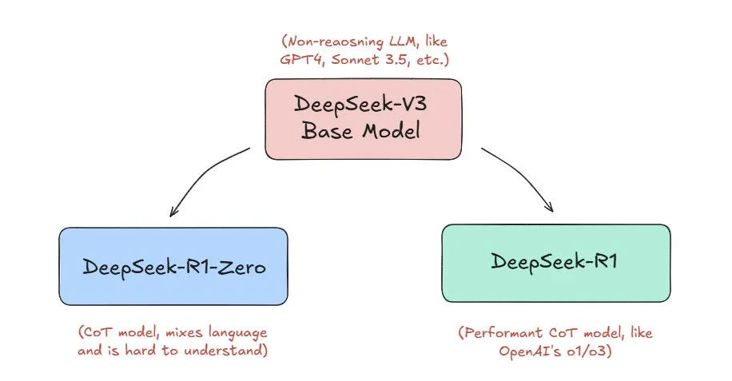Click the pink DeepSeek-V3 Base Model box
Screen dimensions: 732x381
(363, 119)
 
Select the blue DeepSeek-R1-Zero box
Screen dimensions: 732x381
(173, 266)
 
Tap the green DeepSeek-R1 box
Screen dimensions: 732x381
(556, 263)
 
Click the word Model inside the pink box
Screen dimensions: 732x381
(392, 130)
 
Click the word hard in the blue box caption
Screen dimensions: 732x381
(141, 350)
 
